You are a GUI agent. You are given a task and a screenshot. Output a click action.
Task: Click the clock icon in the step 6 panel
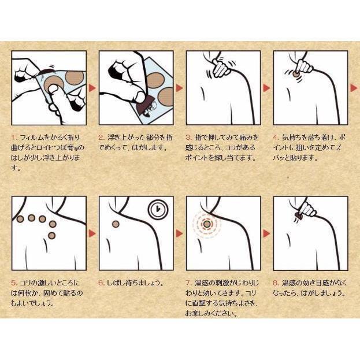click(158, 209)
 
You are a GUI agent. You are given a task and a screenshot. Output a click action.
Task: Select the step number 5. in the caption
click(14, 283)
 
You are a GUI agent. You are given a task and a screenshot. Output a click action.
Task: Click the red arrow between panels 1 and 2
click(92, 88)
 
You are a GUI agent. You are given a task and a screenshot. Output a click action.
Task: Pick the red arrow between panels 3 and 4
click(267, 88)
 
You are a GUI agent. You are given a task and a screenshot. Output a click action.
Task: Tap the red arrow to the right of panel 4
click(354, 88)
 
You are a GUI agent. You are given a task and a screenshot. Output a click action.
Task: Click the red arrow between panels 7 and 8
click(267, 233)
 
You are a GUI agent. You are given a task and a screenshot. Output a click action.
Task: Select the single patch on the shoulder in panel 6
click(116, 224)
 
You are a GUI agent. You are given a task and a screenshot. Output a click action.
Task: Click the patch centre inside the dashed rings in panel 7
click(207, 224)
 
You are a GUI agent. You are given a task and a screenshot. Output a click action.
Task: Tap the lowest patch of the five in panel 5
click(52, 235)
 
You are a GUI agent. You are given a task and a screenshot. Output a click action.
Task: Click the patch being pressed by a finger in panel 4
click(295, 74)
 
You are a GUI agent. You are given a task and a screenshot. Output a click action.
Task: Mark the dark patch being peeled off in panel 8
click(299, 216)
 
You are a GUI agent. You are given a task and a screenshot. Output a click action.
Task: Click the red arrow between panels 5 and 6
click(92, 233)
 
